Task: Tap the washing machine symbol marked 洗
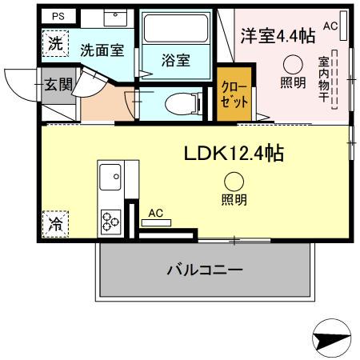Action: click(54, 44)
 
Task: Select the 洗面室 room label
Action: click(102, 50)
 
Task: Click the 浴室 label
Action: click(175, 62)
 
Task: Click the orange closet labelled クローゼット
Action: click(234, 96)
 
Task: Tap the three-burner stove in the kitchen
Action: click(110, 218)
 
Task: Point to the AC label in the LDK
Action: click(156, 214)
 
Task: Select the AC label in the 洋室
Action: click(330, 26)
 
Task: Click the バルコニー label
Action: click(204, 270)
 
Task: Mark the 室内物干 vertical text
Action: click(323, 88)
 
